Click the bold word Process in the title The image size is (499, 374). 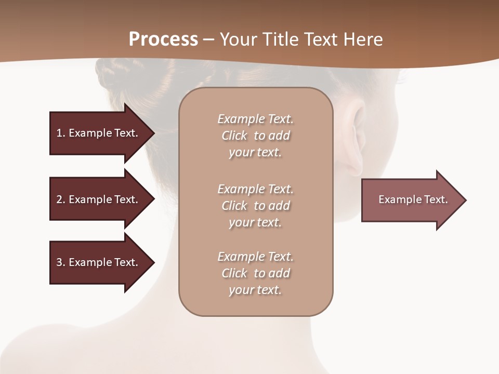(x=163, y=39)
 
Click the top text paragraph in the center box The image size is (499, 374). (x=255, y=136)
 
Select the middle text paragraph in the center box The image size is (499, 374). (x=255, y=206)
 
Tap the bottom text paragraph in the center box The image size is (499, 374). (x=255, y=273)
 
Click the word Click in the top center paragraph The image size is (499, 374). (x=234, y=136)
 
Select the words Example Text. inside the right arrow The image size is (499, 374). (x=413, y=199)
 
